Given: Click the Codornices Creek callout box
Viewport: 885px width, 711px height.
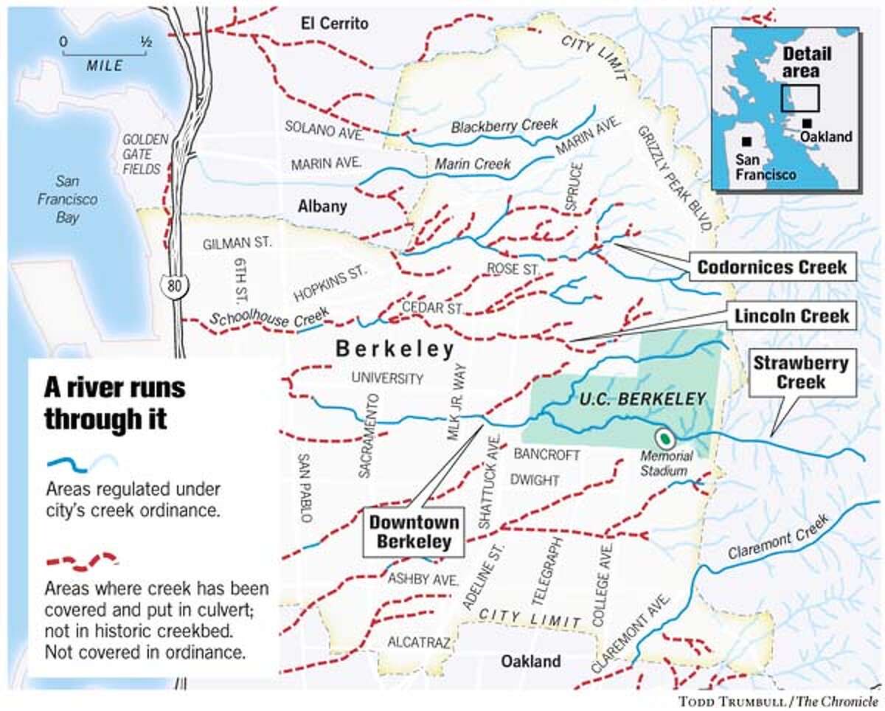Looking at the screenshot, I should click(773, 267).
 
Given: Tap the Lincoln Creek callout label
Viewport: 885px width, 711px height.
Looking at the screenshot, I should click(792, 316).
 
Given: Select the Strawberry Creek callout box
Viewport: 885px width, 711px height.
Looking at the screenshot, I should click(801, 372).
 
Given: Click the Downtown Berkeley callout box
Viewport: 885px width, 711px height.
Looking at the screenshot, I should click(414, 532).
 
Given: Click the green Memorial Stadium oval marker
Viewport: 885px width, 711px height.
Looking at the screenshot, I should click(666, 438).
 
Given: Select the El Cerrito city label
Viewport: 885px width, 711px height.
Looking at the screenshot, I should click(334, 24).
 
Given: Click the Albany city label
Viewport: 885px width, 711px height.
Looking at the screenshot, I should click(322, 207).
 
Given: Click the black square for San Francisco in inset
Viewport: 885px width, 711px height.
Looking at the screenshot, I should click(748, 141).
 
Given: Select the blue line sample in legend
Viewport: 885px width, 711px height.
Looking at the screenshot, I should click(81, 463).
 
